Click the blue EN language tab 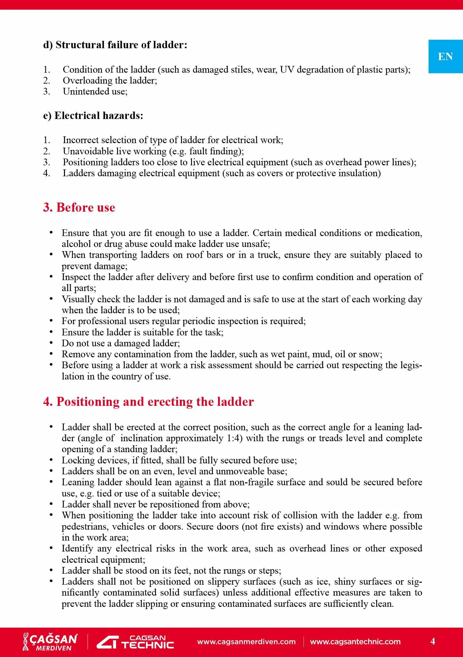[445, 57]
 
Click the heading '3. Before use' [79, 207]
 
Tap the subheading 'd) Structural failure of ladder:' [115, 45]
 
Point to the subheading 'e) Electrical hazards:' [93, 115]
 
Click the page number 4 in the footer [433, 641]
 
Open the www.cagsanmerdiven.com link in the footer [246, 642]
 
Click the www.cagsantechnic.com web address [355, 642]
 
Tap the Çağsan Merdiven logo [50, 642]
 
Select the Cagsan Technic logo [135, 642]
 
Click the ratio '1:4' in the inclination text [234, 438]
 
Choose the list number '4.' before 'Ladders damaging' [47, 173]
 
